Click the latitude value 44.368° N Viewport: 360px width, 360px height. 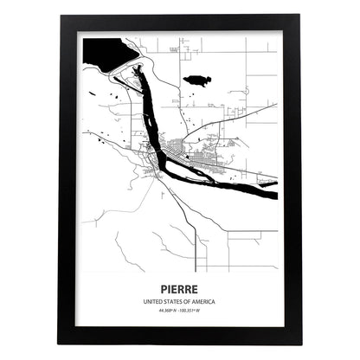[x=165, y=310]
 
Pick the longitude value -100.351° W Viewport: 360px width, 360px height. [x=194, y=310]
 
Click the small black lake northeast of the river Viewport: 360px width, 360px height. [x=198, y=80]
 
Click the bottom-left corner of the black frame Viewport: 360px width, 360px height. [x=61, y=343]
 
